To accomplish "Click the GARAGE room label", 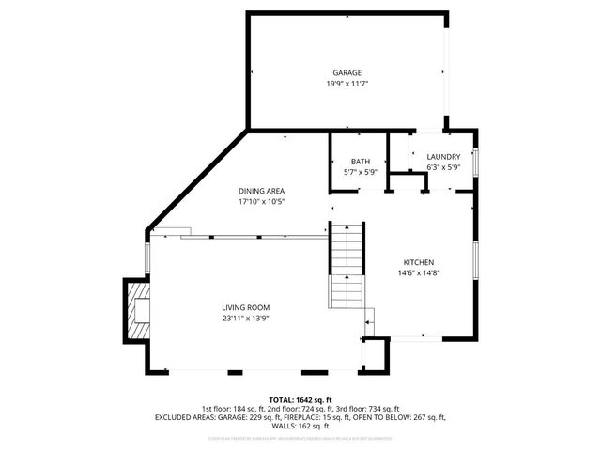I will click(x=347, y=73).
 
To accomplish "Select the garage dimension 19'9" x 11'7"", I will click(x=347, y=84).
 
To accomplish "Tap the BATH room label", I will click(x=361, y=162).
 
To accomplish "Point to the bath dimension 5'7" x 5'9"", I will click(x=361, y=172).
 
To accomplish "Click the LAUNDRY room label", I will click(x=443, y=157).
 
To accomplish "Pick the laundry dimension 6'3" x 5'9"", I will click(x=443, y=167).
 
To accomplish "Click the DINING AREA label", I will click(x=261, y=191).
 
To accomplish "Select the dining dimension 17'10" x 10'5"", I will click(x=261, y=201).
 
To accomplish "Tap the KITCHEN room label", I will click(x=419, y=262).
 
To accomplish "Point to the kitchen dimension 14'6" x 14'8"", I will click(x=419, y=272).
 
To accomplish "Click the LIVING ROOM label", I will click(x=246, y=307).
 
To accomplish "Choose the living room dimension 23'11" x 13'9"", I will click(x=246, y=318).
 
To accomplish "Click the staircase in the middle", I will click(x=345, y=265).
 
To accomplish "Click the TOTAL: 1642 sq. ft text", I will click(x=300, y=400).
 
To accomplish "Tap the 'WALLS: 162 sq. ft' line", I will click(x=300, y=426).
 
